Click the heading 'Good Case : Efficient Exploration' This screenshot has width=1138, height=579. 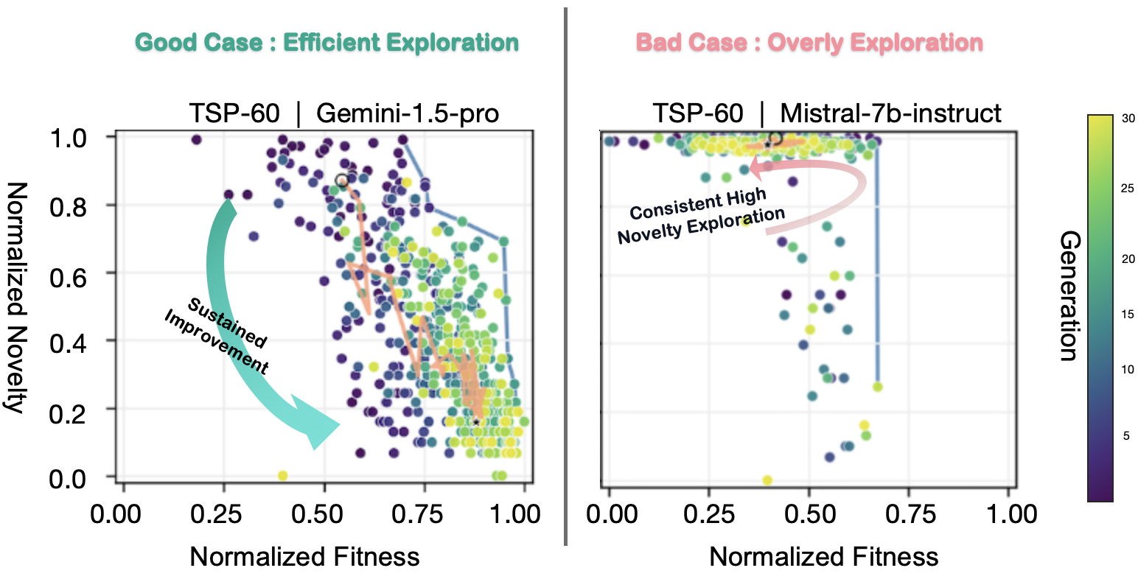pyautogui.click(x=327, y=43)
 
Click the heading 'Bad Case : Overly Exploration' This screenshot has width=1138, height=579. pyautogui.click(x=809, y=43)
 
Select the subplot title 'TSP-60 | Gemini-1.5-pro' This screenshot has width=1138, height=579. pyautogui.click(x=344, y=113)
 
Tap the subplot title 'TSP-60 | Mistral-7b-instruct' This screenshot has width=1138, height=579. pyautogui.click(x=827, y=113)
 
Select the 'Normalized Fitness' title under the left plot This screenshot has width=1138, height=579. pyautogui.click(x=304, y=556)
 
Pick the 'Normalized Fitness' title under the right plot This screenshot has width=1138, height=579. pyautogui.click(x=823, y=556)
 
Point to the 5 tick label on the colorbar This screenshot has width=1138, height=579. pyautogui.click(x=1125, y=435)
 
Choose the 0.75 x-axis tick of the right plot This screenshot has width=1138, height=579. pyautogui.click(x=909, y=513)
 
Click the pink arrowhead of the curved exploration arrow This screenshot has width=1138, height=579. pyautogui.click(x=756, y=169)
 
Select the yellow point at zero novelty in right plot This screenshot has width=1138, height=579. pyautogui.click(x=767, y=480)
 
